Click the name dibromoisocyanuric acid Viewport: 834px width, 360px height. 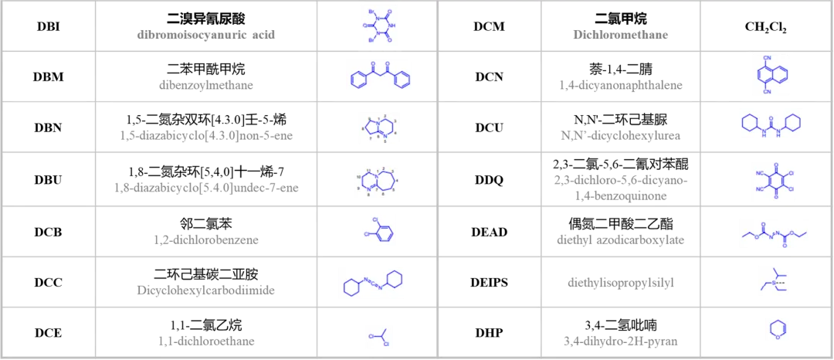pyautogui.click(x=206, y=35)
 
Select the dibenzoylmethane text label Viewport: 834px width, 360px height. pyautogui.click(x=206, y=85)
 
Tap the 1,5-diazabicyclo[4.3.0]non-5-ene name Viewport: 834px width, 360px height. pyautogui.click(x=206, y=135)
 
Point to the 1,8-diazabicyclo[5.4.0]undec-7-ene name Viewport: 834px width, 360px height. pyautogui.click(x=206, y=186)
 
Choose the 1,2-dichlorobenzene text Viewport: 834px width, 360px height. pyautogui.click(x=206, y=239)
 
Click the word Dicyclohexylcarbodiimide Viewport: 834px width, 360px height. pyautogui.click(x=206, y=290)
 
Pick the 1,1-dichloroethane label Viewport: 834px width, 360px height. pyautogui.click(x=206, y=340)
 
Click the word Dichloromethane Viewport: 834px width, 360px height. pyautogui.click(x=620, y=35)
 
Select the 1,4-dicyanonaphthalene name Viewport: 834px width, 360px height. pyautogui.click(x=620, y=85)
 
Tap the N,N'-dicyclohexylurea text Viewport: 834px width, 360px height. pyautogui.click(x=620, y=135)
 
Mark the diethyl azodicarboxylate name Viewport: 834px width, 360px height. pyautogui.click(x=620, y=239)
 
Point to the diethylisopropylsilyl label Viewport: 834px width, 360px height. pyautogui.click(x=620, y=283)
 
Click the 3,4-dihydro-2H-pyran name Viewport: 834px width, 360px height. pyautogui.click(x=620, y=340)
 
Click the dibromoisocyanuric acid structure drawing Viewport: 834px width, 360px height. pyautogui.click(x=378, y=25)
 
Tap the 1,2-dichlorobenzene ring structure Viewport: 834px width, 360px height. pyautogui.click(x=378, y=229)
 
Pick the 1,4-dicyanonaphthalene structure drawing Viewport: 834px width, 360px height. pyautogui.click(x=770, y=74)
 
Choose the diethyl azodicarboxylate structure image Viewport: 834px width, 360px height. pyautogui.click(x=772, y=233)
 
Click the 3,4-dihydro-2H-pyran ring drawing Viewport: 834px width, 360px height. pyautogui.click(x=776, y=330)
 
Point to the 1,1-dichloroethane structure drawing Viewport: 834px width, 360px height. pyautogui.click(x=379, y=337)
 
